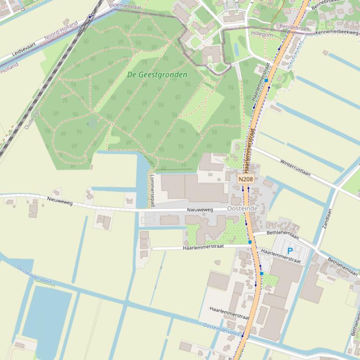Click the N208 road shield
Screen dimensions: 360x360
click(x=246, y=179)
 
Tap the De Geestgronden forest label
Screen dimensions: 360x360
click(x=157, y=75)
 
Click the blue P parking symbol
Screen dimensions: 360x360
click(x=290, y=251)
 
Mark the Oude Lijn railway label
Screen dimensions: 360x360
click(x=32, y=119)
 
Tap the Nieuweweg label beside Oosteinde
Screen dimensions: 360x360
click(x=200, y=210)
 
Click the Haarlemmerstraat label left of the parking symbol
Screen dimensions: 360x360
click(x=203, y=247)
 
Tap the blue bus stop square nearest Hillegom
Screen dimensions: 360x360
click(x=266, y=80)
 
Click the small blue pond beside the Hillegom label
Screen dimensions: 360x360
click(x=236, y=49)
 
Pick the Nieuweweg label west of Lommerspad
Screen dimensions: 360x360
click(x=60, y=201)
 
